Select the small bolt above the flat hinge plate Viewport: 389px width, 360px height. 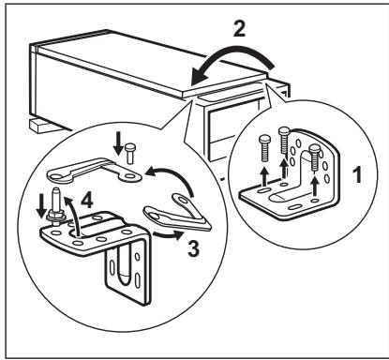point(130,150)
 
